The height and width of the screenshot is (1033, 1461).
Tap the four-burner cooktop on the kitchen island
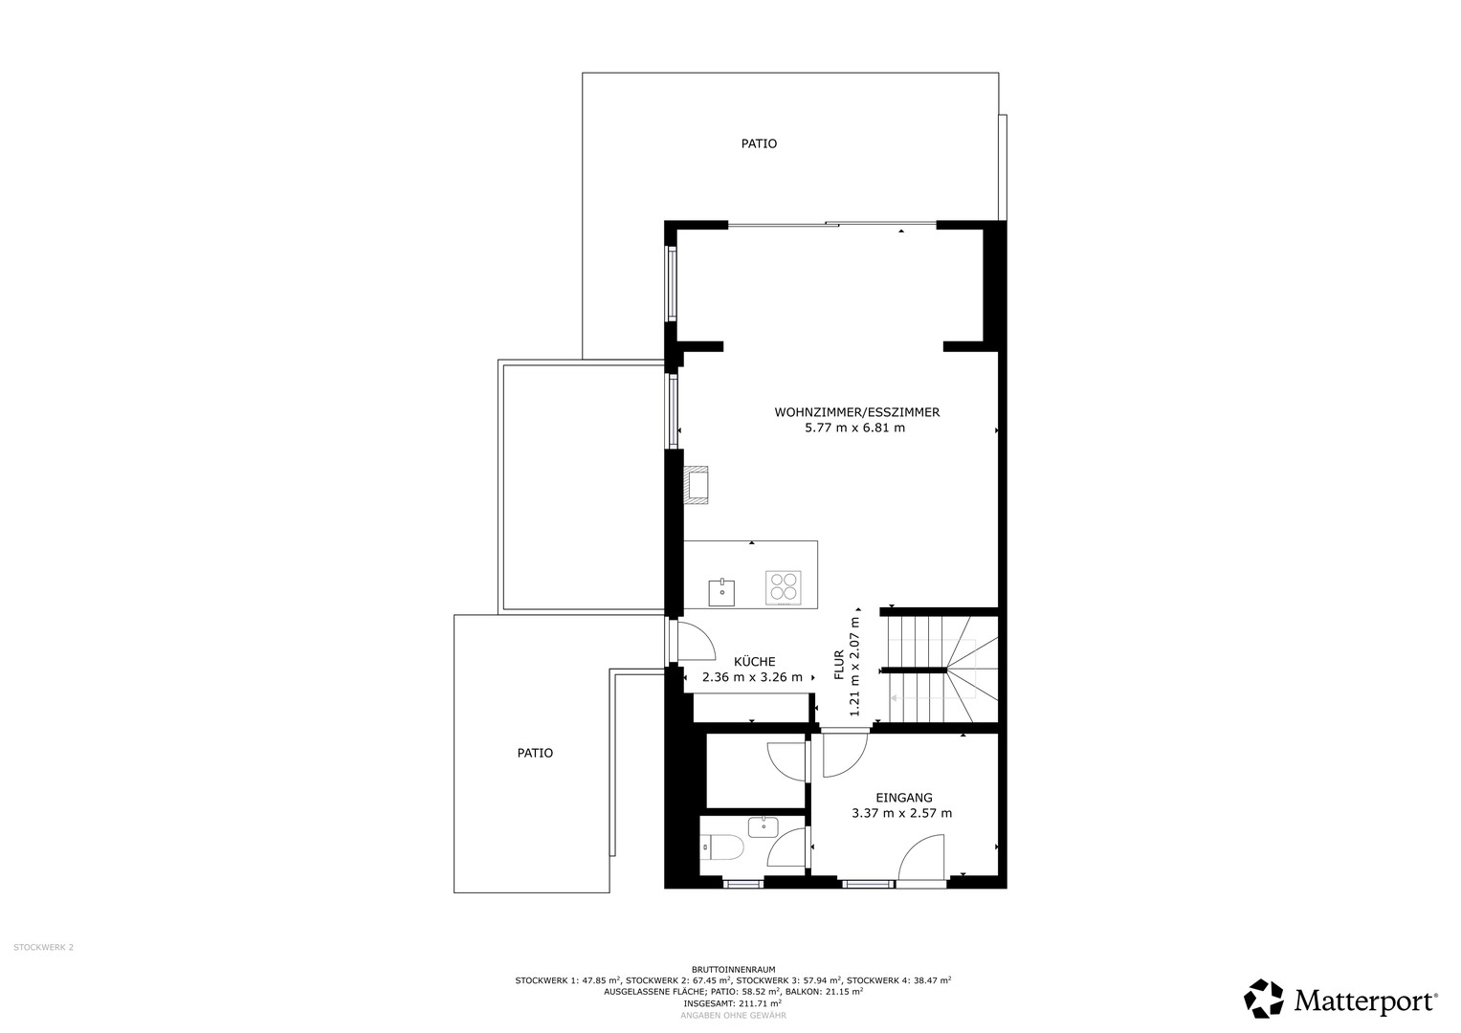tap(784, 585)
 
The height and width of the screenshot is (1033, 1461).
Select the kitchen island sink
tap(721, 593)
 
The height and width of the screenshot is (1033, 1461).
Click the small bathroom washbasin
tap(764, 827)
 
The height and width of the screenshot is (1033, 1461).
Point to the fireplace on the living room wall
tap(696, 485)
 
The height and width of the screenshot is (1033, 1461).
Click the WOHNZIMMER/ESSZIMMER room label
tap(857, 412)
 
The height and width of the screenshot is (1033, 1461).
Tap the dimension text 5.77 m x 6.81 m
tap(855, 429)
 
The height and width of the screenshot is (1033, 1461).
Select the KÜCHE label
tap(754, 661)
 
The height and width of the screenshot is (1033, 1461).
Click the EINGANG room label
tap(904, 798)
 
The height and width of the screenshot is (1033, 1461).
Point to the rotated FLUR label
tap(839, 665)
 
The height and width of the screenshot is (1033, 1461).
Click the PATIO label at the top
tap(759, 143)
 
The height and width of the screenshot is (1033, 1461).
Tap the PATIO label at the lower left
tap(535, 754)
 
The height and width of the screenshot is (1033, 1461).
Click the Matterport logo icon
tap(1263, 999)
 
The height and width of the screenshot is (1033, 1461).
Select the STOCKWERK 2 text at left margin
tap(44, 947)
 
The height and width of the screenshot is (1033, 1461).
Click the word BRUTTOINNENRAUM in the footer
tap(733, 970)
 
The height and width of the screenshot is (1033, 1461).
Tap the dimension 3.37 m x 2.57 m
tap(902, 814)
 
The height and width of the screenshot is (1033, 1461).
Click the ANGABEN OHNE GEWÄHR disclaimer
tap(733, 1016)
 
